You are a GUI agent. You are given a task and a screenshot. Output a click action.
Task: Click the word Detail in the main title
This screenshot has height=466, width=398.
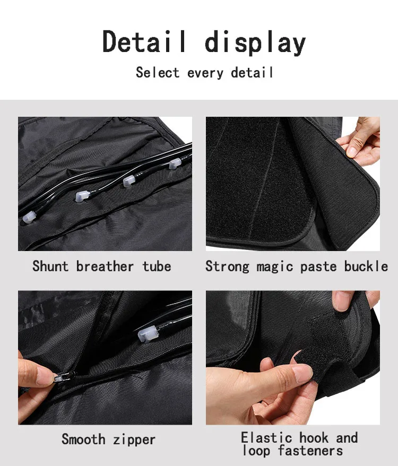point(144,41)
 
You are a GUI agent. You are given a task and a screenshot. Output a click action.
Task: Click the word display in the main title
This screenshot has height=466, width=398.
point(255,43)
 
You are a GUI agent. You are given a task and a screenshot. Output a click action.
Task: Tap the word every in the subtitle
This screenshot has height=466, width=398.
point(205,73)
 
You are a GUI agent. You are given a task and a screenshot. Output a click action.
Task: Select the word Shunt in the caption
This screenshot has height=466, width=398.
point(50,266)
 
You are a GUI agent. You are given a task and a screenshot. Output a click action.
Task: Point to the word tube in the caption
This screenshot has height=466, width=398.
point(157,266)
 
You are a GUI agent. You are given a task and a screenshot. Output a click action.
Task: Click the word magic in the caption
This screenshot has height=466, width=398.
point(275,266)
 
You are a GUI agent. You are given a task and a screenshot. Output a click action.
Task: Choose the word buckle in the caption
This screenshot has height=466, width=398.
point(366,266)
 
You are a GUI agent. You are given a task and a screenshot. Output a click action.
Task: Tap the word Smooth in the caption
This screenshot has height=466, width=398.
point(83,439)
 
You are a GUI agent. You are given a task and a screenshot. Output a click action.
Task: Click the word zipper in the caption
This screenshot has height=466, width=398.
point(134,440)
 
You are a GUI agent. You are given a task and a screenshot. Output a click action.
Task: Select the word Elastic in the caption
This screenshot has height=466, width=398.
point(266,437)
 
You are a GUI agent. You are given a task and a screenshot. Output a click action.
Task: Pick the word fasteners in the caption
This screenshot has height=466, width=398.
point(310,451)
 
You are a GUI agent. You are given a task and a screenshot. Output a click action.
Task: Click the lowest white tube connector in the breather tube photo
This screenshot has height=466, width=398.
point(29,217)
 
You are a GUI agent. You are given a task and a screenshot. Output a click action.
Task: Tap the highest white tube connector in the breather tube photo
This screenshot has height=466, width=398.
point(175,163)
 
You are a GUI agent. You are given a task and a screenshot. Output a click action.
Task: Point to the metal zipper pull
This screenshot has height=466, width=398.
point(62,377)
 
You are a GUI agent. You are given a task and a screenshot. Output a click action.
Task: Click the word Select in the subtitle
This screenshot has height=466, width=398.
point(158,73)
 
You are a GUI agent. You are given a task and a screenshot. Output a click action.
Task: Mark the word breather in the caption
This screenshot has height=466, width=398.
point(105,266)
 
